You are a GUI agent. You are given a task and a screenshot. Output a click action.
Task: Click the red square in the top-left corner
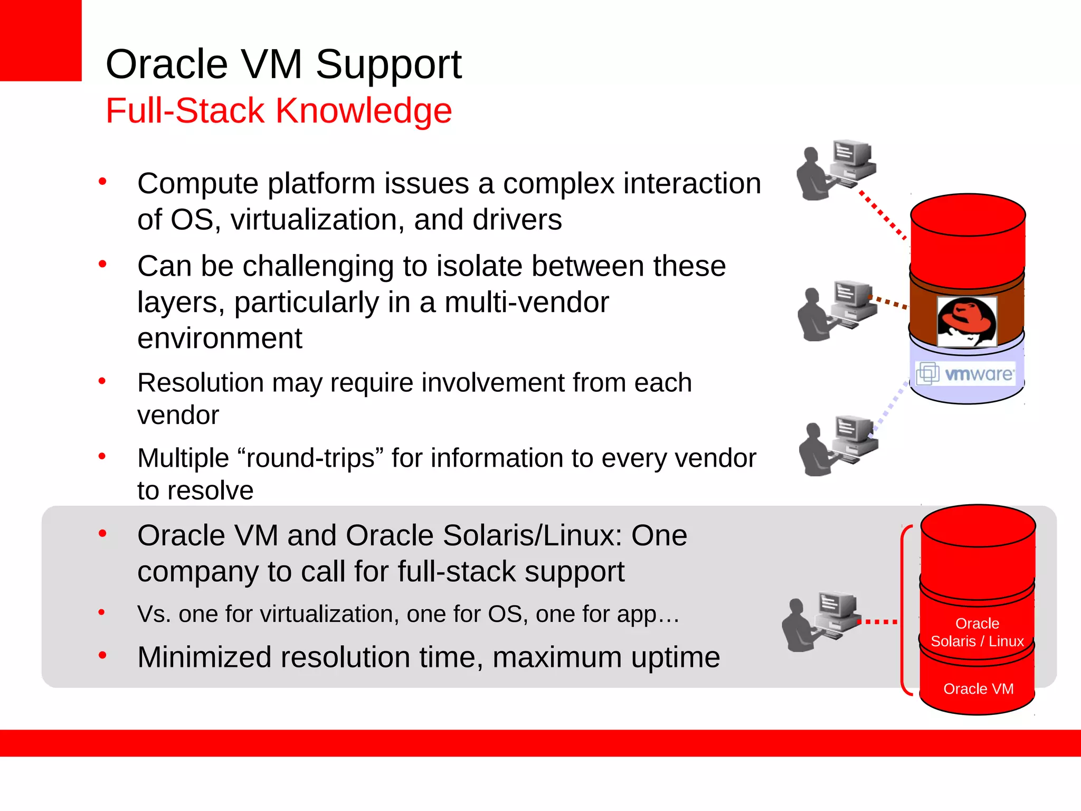coord(40,40)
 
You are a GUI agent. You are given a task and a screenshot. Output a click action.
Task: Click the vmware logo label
coord(966,374)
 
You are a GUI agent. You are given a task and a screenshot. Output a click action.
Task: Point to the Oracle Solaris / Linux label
coord(977,632)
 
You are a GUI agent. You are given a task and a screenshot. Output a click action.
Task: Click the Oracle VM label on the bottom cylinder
coord(978,689)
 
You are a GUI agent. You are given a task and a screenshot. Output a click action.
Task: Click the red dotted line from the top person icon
coord(883,215)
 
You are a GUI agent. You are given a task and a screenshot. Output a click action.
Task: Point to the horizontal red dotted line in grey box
coord(878,621)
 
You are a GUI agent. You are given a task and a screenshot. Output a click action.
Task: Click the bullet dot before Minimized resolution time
coord(102,656)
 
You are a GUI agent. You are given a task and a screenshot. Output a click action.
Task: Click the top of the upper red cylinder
coord(968,214)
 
